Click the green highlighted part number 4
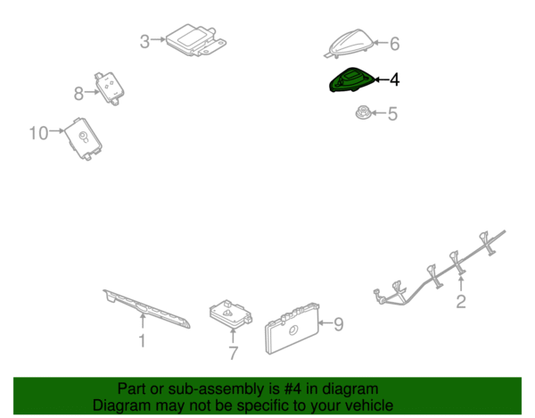351,80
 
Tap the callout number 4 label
394,79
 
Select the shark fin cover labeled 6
349,44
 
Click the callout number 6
394,44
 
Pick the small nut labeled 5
364,113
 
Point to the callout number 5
392,113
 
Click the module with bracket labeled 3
196,39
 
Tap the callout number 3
144,42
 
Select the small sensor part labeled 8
109,88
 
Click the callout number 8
78,93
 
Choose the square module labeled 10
83,138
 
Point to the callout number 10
38,133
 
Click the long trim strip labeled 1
147,309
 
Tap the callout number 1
143,341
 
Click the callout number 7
233,353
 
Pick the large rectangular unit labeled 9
292,328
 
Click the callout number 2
461,302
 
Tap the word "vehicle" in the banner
372,405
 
